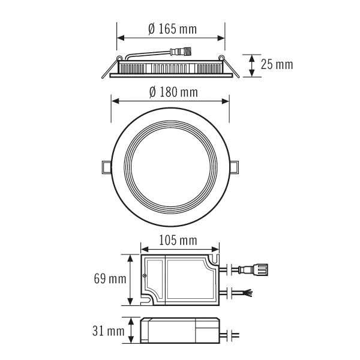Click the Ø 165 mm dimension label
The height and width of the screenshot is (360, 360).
[172, 29]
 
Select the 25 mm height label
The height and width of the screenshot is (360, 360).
[277, 64]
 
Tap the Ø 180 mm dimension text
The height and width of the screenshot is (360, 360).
[172, 92]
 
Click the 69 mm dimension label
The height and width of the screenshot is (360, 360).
[110, 279]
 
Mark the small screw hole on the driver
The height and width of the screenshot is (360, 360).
[146, 275]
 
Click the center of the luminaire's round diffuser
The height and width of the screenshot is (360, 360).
[171, 165]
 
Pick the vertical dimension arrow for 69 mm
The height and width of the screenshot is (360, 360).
[131, 279]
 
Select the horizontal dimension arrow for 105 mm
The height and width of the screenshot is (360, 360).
[179, 248]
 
